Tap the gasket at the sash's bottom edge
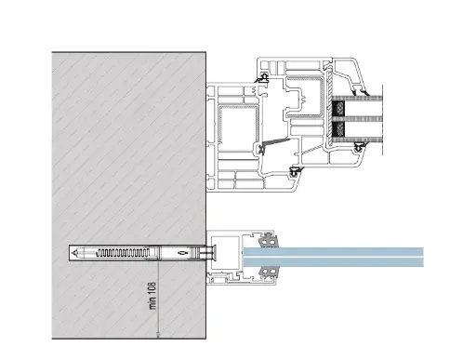pyautogui.click(x=294, y=171)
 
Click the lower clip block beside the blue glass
pyautogui.click(x=271, y=271)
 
